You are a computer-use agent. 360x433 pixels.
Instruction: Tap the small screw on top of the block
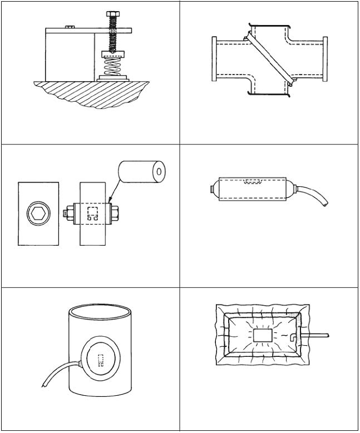coord(70,26)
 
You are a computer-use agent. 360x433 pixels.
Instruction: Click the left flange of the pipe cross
coord(214,58)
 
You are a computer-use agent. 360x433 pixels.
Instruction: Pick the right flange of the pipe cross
coord(325,58)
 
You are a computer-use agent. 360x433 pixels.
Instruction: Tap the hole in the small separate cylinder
coord(159,171)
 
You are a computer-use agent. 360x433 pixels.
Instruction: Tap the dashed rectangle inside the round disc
coord(101,361)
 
